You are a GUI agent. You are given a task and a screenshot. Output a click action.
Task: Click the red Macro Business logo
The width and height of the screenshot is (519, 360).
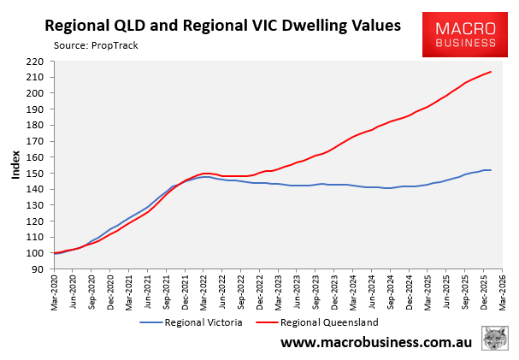click(x=465, y=30)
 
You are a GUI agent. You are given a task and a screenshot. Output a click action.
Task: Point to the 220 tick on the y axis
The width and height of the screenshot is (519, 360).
click(x=40, y=62)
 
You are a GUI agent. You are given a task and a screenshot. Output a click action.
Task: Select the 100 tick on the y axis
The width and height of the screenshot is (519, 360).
click(x=40, y=253)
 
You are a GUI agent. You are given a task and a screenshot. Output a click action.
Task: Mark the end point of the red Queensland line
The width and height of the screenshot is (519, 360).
click(x=491, y=72)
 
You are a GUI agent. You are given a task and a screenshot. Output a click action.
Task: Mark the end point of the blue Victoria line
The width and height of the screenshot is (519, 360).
click(x=491, y=170)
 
